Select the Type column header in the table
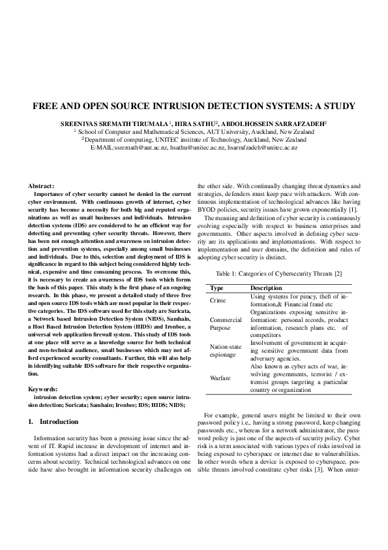click(x=216, y=288)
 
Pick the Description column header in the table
click(x=266, y=288)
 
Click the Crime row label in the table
click(x=218, y=300)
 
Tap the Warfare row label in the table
click(x=220, y=378)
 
